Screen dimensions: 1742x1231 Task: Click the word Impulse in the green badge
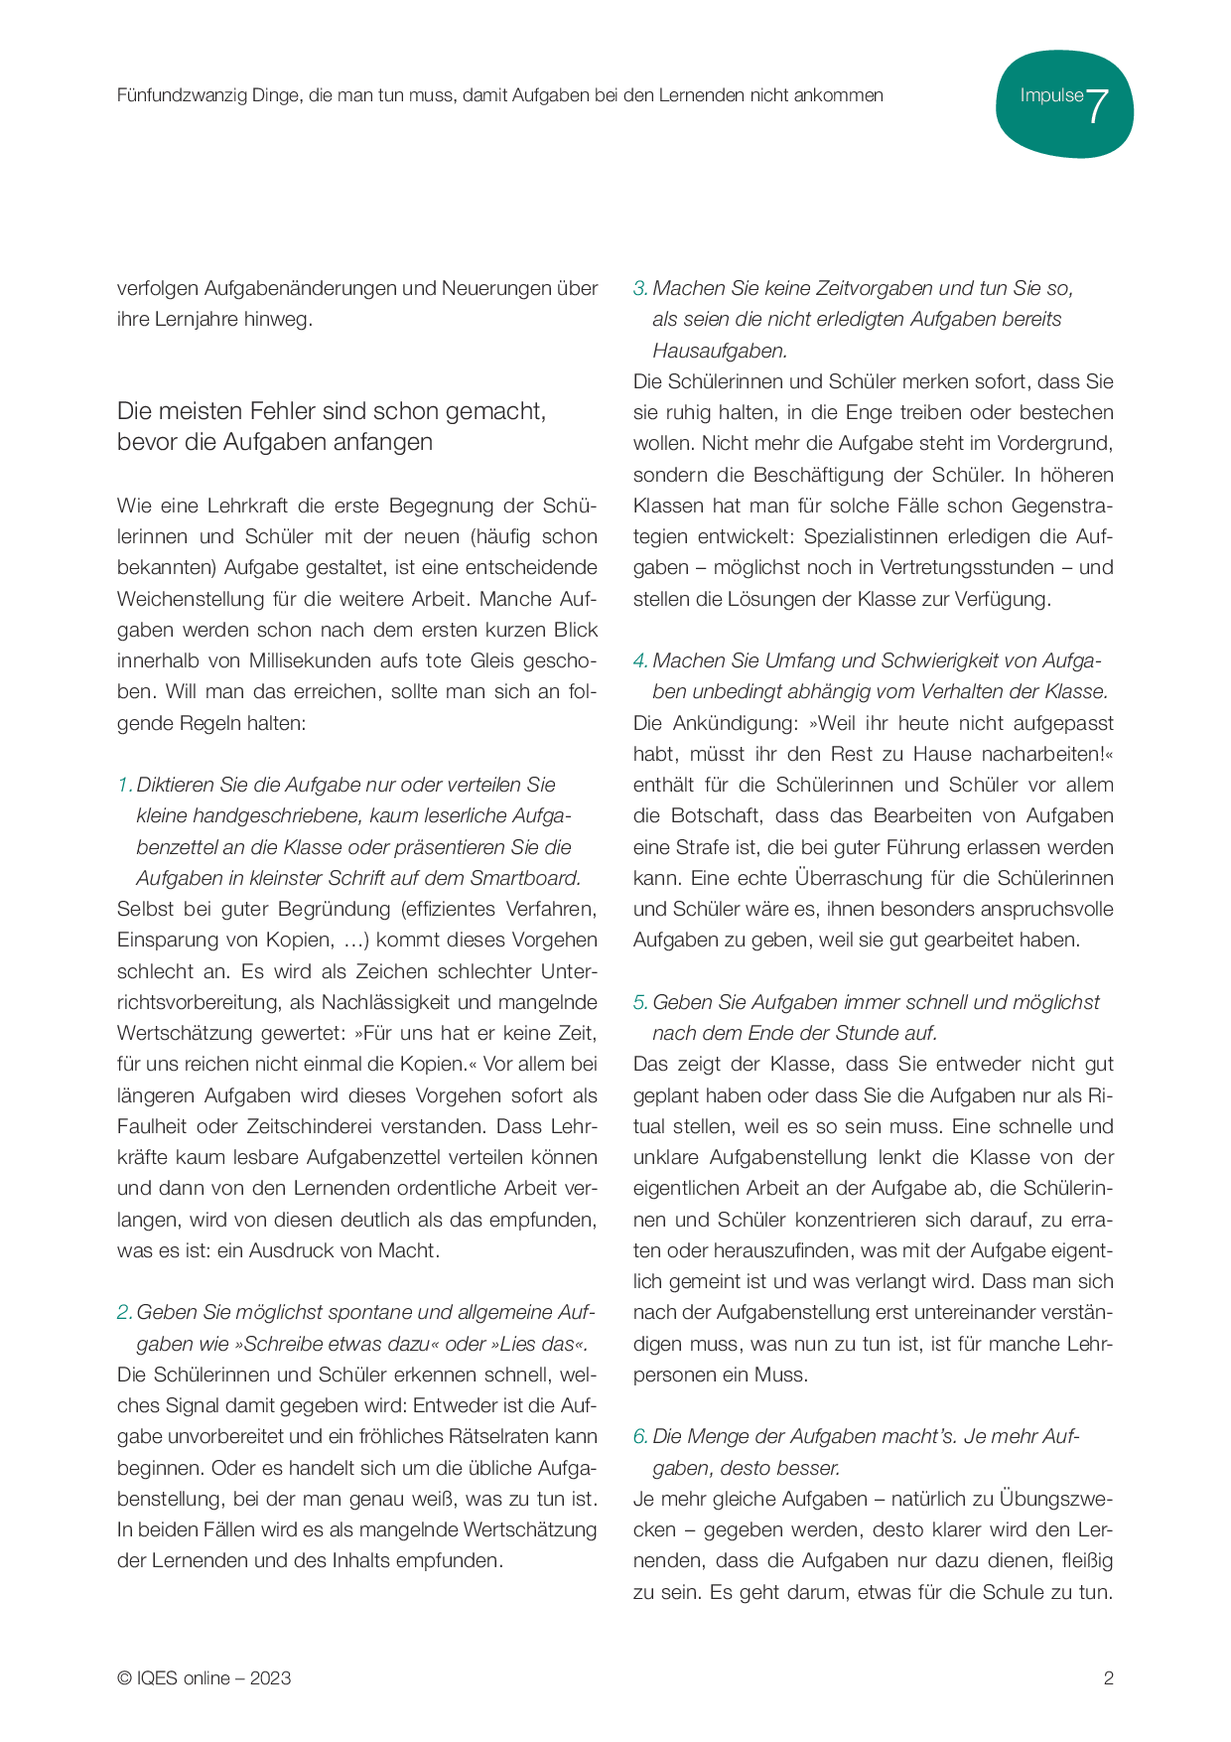(x=1051, y=95)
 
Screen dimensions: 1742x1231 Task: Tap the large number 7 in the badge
(x=1097, y=105)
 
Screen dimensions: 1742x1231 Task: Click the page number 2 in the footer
(x=1109, y=1678)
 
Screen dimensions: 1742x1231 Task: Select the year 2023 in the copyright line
(x=270, y=1678)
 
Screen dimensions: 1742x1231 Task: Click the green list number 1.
(x=124, y=785)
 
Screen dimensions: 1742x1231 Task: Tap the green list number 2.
(x=124, y=1312)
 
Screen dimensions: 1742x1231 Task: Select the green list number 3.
(x=640, y=288)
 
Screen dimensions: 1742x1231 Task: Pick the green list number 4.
(x=640, y=660)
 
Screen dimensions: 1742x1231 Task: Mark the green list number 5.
(x=640, y=1002)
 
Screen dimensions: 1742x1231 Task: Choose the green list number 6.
(x=640, y=1436)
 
